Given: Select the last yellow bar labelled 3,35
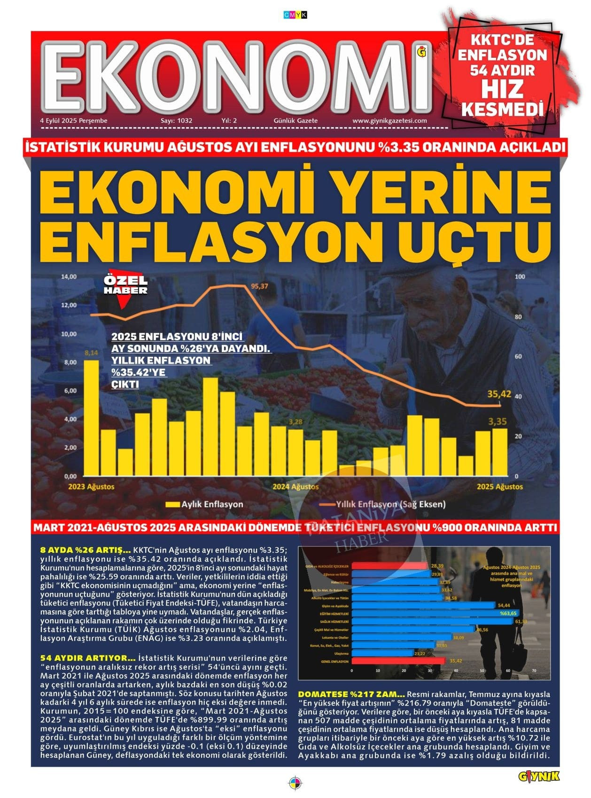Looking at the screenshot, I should (499, 451).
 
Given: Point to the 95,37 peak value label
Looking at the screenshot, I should (259, 286).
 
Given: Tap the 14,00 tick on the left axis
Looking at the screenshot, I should (69, 276).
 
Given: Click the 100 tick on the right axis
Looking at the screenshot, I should (520, 276).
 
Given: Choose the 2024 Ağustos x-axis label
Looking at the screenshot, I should (295, 486).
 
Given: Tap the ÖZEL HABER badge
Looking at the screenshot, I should (125, 286).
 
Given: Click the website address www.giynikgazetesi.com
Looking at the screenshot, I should (389, 121).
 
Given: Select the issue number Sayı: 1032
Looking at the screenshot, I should (176, 121).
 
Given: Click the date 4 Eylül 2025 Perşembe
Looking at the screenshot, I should (74, 121).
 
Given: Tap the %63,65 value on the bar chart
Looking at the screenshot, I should (508, 613).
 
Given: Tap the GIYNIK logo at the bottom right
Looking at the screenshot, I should (539, 777).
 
